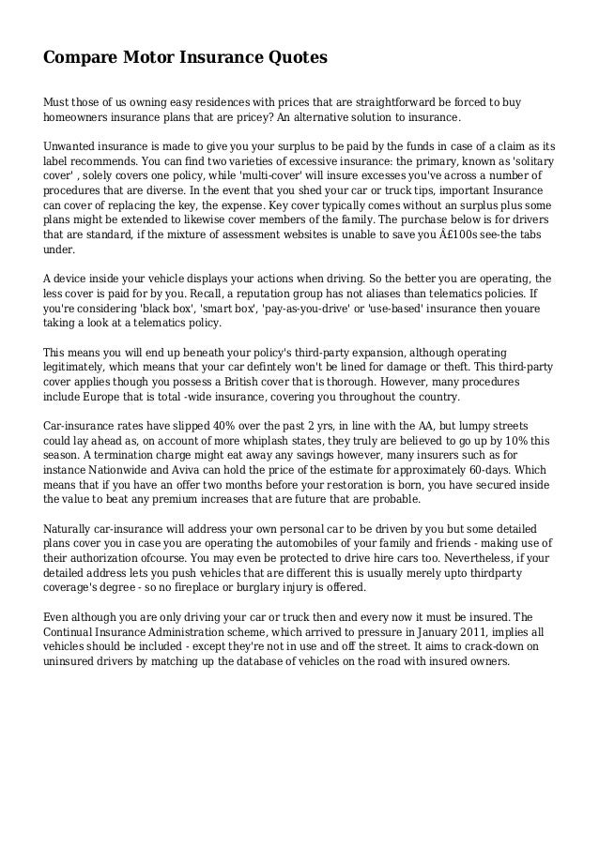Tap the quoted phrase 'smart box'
(x=225, y=310)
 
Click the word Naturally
(x=73, y=530)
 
